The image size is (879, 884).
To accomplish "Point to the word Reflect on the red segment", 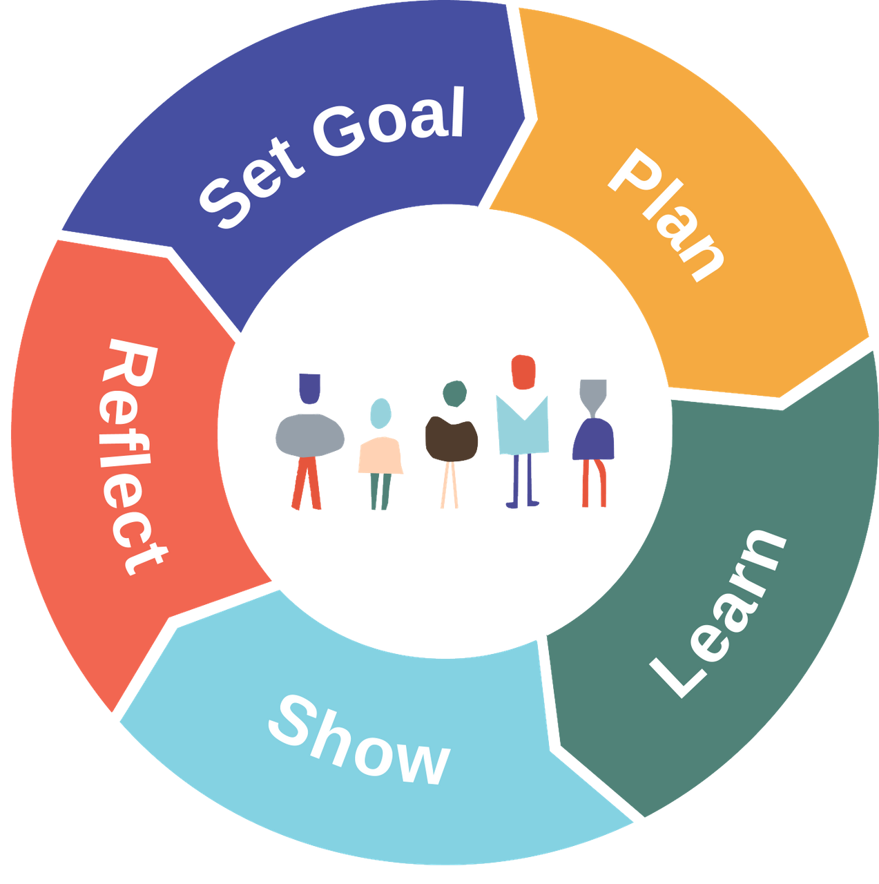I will [131, 457].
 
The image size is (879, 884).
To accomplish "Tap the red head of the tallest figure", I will [523, 372].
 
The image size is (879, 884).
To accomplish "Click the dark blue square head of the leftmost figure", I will [309, 389].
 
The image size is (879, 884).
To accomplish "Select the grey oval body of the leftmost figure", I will [309, 436].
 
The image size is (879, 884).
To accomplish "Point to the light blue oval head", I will [380, 413].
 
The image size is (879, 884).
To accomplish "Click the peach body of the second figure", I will [380, 455].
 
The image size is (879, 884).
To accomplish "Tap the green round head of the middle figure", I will [454, 393].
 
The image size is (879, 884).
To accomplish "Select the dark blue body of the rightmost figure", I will [593, 439].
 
